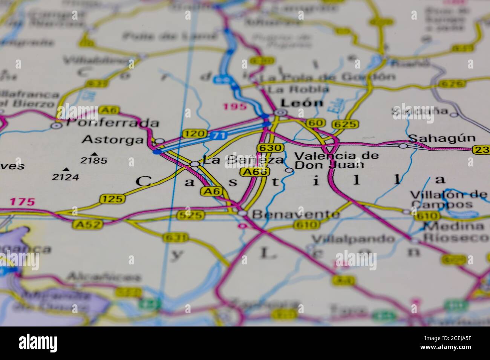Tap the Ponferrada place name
pyautogui.click(x=112, y=123)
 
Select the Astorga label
pyautogui.click(x=113, y=140)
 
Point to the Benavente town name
pyautogui.click(x=296, y=214)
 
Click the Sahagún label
pyautogui.click(x=442, y=138)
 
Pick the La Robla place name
pyautogui.click(x=298, y=89)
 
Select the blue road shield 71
pyautogui.click(x=218, y=136)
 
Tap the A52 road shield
pyautogui.click(x=83, y=224)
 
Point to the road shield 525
pyautogui.click(x=190, y=215)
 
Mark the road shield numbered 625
pyautogui.click(x=346, y=124)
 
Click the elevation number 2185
pyautogui.click(x=94, y=161)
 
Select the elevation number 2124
pyautogui.click(x=66, y=177)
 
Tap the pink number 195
pyautogui.click(x=234, y=107)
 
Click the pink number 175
pyautogui.click(x=22, y=202)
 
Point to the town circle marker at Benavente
pyautogui.click(x=242, y=214)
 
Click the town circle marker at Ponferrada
pyautogui.click(x=57, y=125)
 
